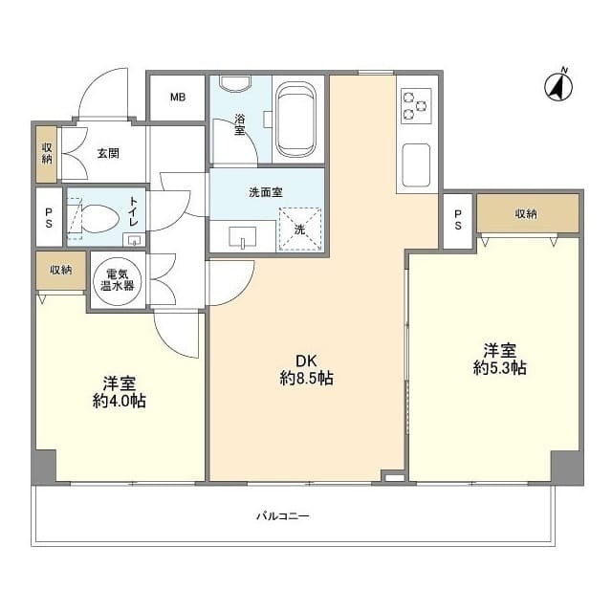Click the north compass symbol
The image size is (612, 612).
[x=558, y=86]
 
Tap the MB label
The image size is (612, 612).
[x=178, y=97]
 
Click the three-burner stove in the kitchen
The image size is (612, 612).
[x=416, y=105]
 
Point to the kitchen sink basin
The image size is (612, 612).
[x=416, y=165]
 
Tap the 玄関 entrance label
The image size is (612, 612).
[x=108, y=153]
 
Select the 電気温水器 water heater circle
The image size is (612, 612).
[x=117, y=280]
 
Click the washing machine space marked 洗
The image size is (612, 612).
[x=300, y=229]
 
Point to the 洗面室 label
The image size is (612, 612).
[x=266, y=192]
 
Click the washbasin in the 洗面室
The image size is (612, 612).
[x=242, y=236]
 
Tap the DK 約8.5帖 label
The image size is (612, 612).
[x=307, y=370]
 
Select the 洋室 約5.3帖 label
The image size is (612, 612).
[x=500, y=360]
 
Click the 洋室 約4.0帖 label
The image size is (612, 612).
[x=120, y=392]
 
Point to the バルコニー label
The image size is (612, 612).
[x=283, y=516]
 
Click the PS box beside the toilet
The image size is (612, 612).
[x=49, y=217]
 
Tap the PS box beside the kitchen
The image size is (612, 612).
[x=458, y=220]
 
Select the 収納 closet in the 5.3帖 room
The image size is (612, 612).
[x=528, y=213]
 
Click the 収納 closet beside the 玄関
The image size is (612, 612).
[x=47, y=154]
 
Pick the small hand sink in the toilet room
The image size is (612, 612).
[x=134, y=240]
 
